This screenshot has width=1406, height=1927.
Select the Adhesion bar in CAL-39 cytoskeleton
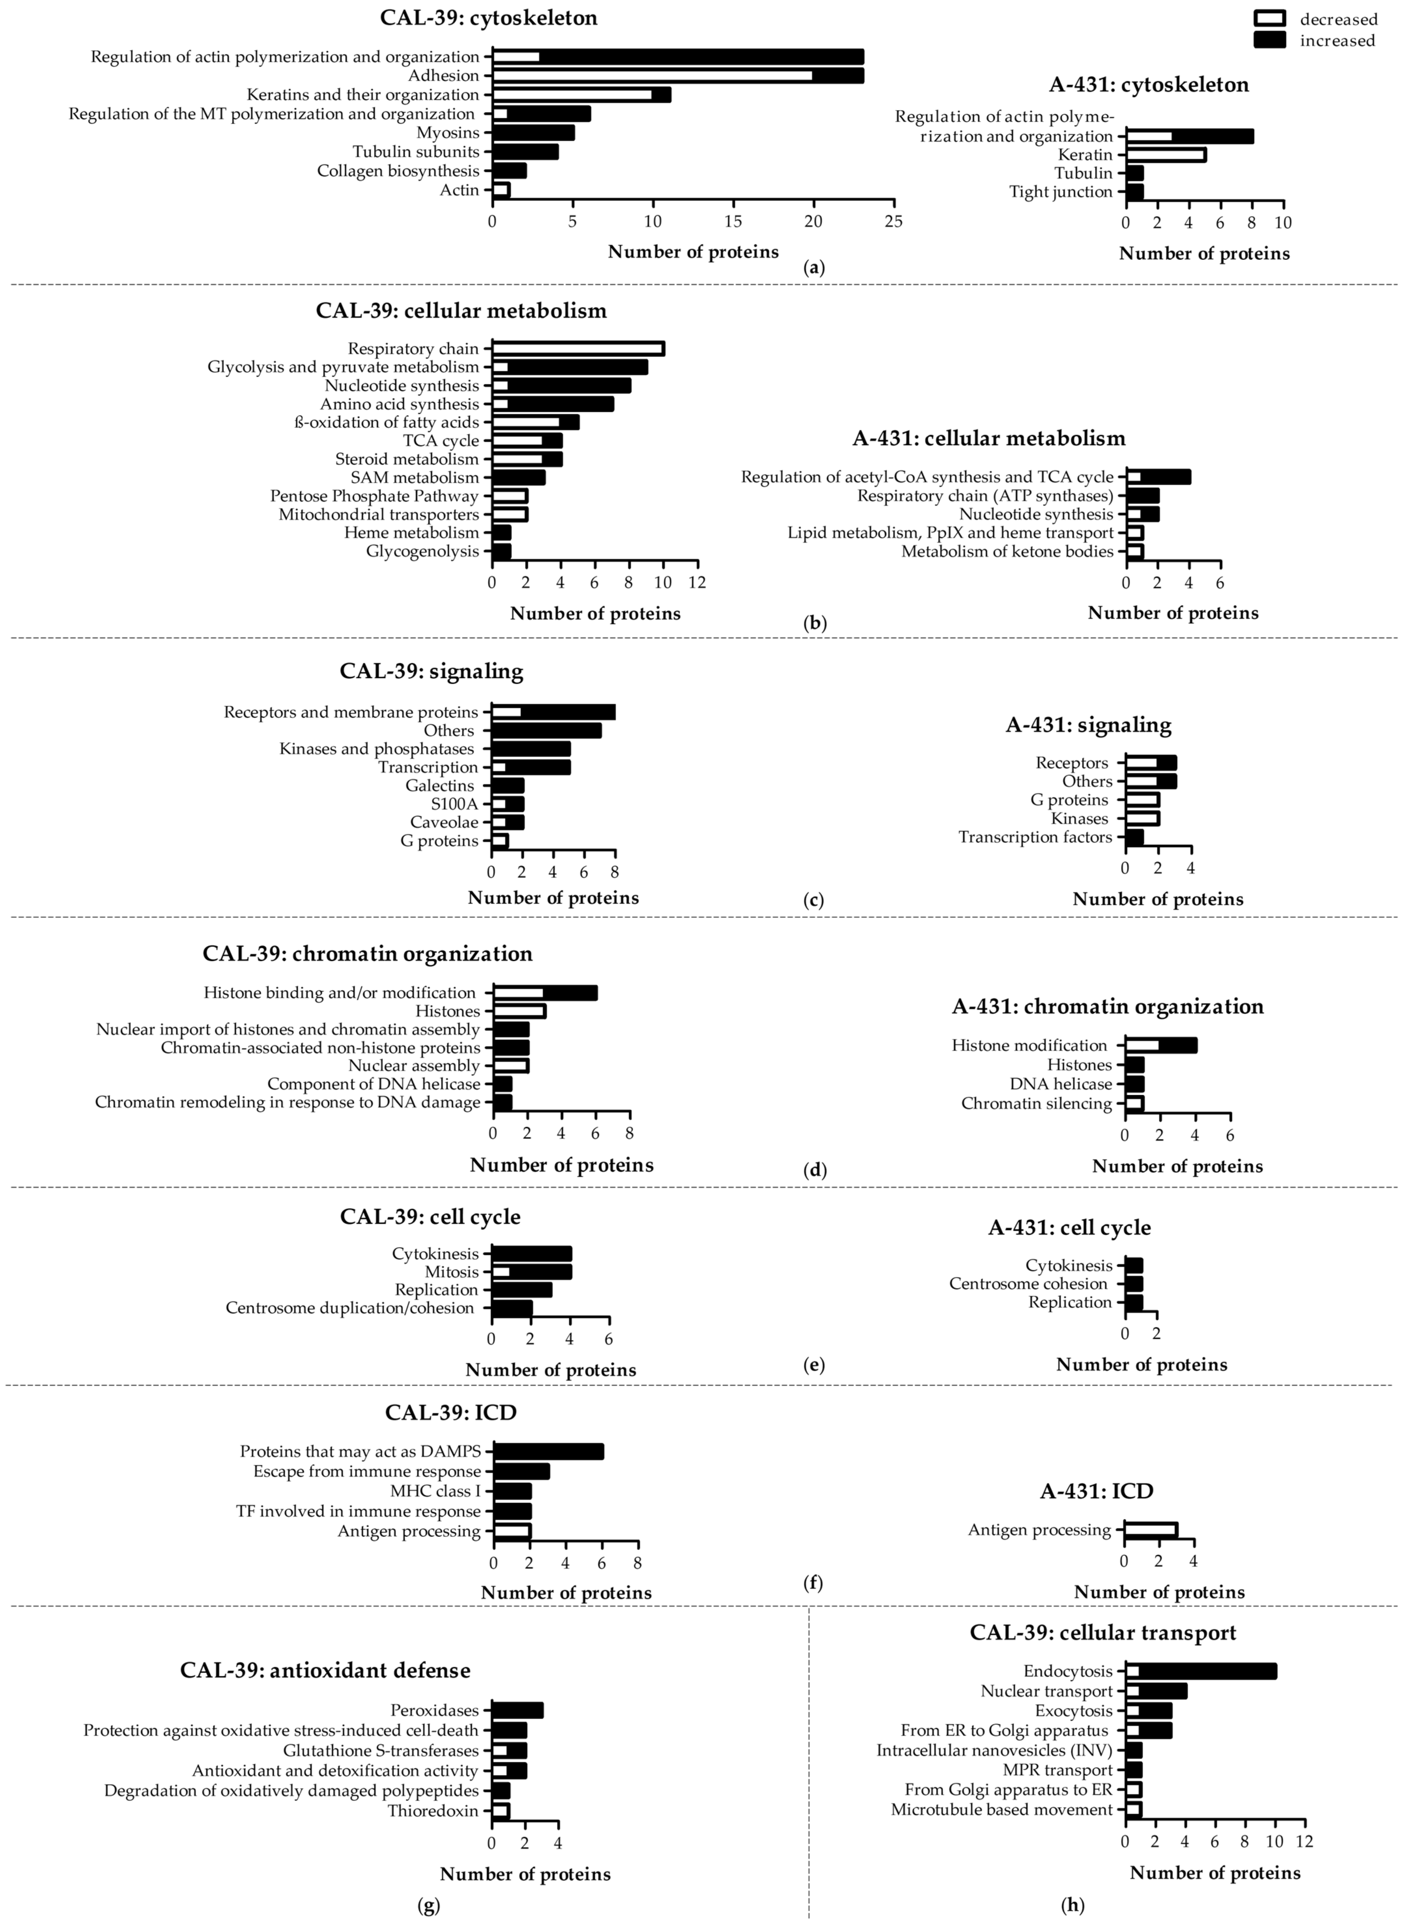coord(677,76)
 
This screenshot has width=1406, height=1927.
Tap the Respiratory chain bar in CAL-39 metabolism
coord(578,349)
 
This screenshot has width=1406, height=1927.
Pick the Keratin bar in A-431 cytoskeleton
coord(1165,155)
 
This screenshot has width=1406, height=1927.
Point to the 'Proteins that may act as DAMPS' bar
coord(548,1451)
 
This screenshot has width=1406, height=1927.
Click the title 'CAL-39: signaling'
coord(432,671)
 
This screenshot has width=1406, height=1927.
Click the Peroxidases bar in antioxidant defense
coord(518,1710)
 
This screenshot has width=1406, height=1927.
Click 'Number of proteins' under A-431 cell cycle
coord(1141,1365)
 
